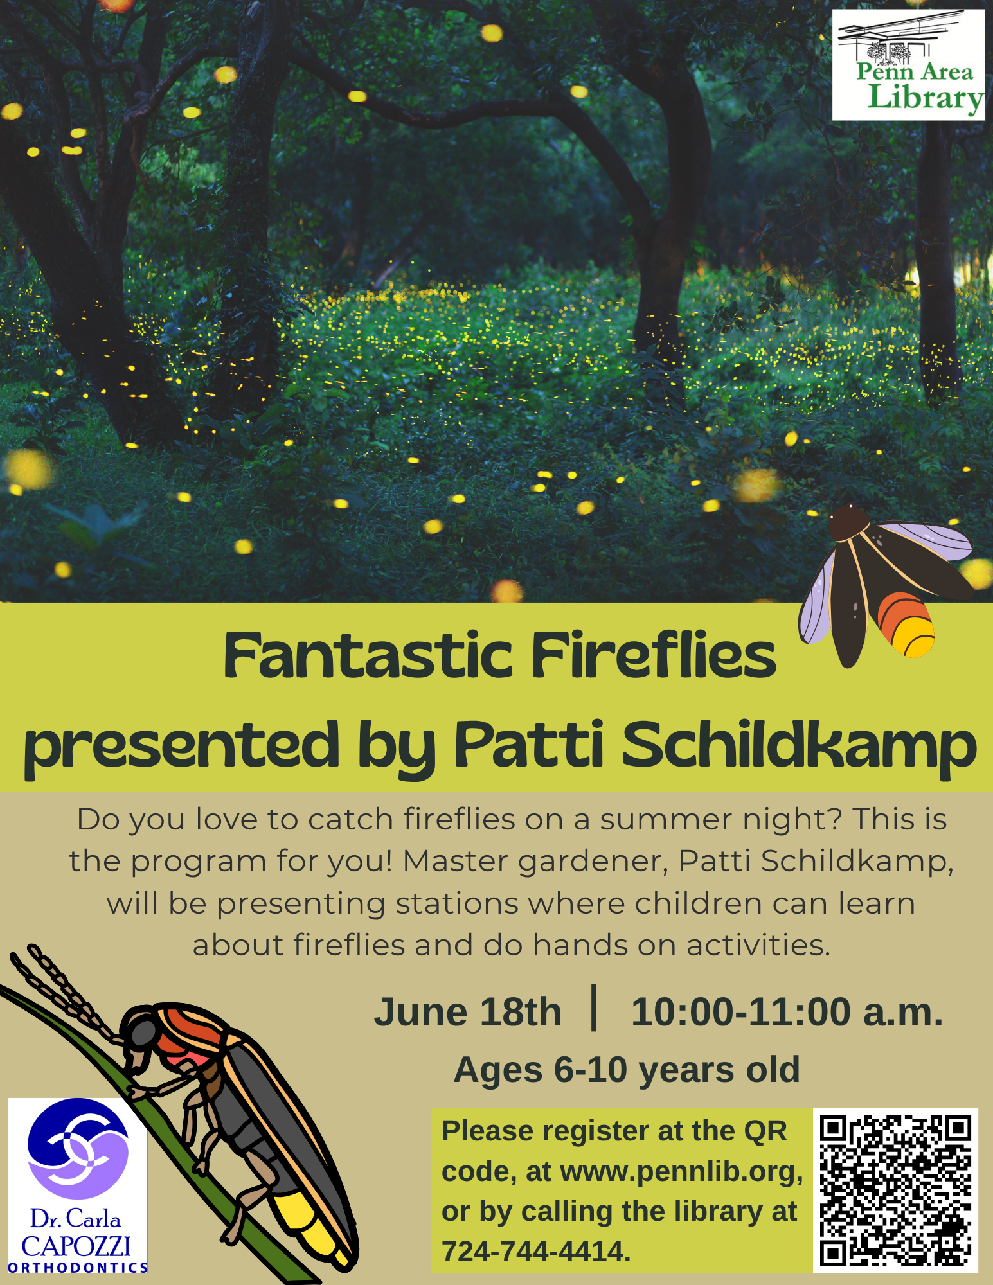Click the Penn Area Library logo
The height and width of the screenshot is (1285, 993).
tap(908, 65)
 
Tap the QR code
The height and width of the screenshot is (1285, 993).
tap(895, 1191)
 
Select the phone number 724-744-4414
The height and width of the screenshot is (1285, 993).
tap(536, 1252)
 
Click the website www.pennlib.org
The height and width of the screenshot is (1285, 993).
tap(682, 1172)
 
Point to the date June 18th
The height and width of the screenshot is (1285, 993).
tap(468, 1012)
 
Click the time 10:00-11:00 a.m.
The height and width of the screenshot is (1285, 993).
tap(787, 1012)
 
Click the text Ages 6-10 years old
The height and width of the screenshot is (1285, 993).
tap(627, 1070)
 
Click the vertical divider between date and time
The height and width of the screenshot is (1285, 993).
tap(594, 1007)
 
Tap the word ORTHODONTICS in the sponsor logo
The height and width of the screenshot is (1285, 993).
tap(78, 1267)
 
